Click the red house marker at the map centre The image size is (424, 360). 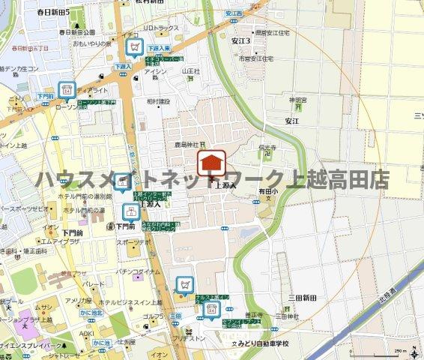[212, 162]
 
